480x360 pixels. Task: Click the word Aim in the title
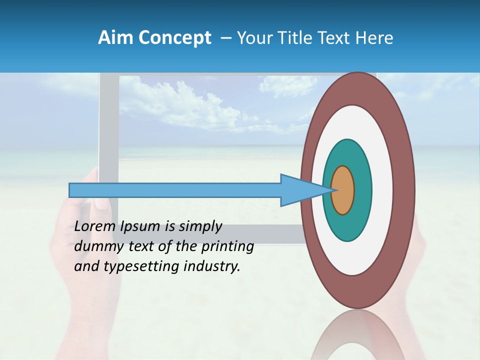coord(114,38)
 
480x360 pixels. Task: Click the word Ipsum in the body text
coord(141,226)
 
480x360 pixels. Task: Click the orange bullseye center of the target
coord(343,190)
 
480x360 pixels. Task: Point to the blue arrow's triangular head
coord(300,190)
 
